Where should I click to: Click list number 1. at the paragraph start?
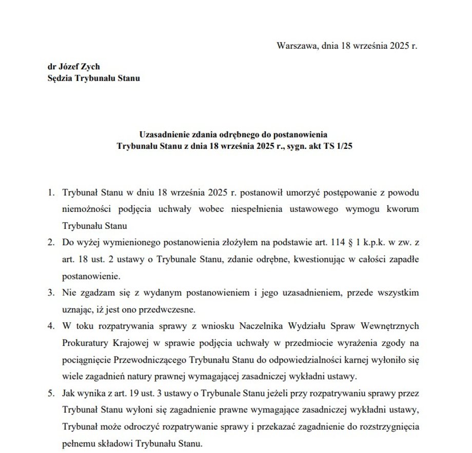tap(51, 193)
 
